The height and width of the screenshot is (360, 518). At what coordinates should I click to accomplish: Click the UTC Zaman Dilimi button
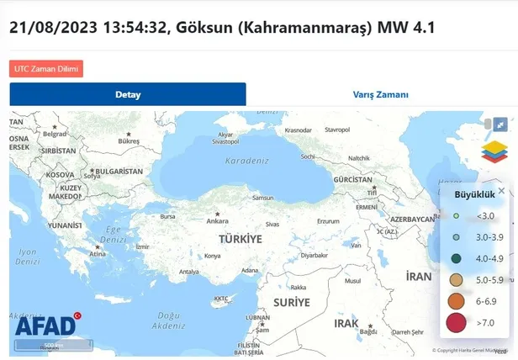point(46,68)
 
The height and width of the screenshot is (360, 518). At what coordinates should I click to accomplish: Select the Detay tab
point(128,94)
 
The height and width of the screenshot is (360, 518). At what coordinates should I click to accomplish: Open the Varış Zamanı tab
point(380,94)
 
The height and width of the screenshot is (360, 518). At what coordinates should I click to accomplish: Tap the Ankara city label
point(218,221)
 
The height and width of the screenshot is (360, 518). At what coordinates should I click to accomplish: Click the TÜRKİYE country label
point(240,239)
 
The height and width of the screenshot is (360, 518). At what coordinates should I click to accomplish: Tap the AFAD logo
point(47,326)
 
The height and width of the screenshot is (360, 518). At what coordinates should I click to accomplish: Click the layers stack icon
point(494,151)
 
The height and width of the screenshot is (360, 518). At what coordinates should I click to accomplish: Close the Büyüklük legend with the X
point(502,191)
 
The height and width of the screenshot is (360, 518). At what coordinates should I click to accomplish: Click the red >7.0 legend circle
point(456,322)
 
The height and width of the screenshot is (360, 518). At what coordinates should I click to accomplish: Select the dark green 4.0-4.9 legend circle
point(456,258)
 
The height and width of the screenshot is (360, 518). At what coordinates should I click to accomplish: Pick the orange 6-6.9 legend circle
point(456,300)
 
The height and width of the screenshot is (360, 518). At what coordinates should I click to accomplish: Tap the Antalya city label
point(189,272)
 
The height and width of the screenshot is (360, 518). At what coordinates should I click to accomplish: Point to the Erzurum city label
point(327,222)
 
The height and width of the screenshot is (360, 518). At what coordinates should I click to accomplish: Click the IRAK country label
point(346,322)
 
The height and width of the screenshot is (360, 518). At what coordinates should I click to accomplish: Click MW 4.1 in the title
point(406,27)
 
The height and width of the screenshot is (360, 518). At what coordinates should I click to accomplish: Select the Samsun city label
point(262,199)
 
